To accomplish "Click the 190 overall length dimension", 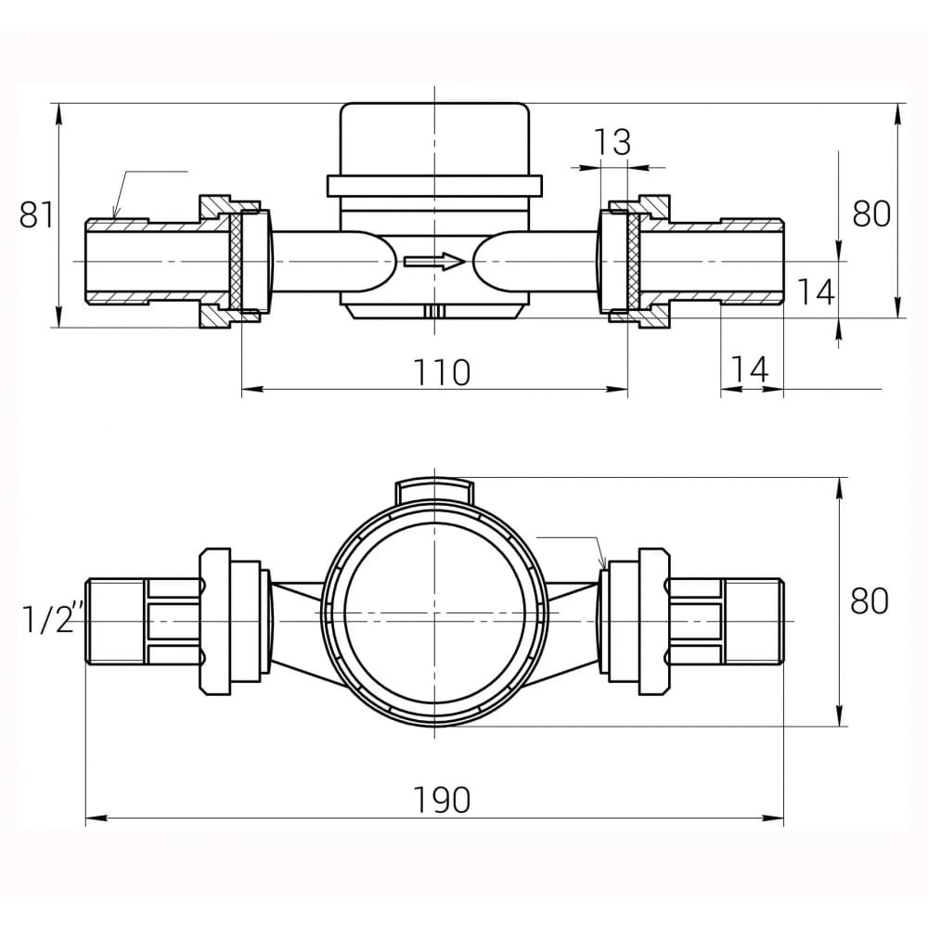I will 443,799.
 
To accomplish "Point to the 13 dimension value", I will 612,143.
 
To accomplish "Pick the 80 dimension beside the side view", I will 871,213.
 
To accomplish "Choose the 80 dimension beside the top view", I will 870,600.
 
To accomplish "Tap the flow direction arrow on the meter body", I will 434,261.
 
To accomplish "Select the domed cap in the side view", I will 434,139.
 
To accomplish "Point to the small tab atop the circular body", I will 434,489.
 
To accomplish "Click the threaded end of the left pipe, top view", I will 115,620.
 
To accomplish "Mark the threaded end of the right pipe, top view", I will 753,620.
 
